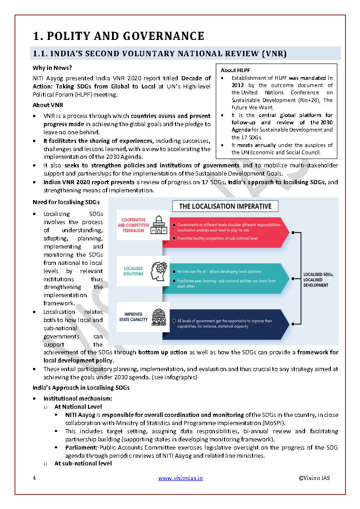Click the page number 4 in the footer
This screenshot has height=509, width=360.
pos(34,478)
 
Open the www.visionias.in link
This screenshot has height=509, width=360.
pos(180,478)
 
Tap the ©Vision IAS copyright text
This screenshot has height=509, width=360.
pos(314,478)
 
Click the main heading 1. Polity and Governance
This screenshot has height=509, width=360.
pos(118,36)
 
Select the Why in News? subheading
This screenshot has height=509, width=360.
pos(52,68)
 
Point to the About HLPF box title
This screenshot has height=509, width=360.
pos(235,70)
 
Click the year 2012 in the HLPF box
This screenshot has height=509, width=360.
pos(238,85)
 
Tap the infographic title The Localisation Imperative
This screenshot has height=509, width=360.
pos(225,206)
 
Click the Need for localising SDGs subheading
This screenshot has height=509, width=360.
pos(66,202)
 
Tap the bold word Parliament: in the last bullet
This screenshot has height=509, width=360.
pos(82,447)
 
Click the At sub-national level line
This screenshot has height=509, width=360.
pos(83,463)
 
